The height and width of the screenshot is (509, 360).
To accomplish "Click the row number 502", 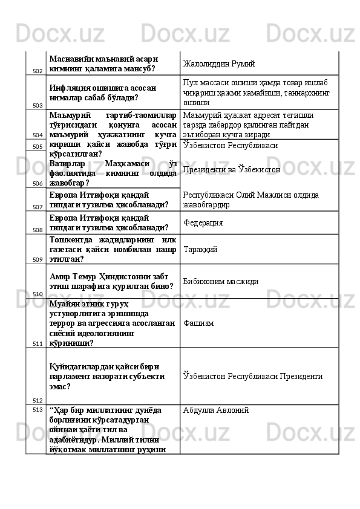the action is pos(38,71).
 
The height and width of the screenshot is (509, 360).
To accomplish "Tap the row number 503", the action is pos(38,105).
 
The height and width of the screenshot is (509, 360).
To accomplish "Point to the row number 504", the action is pos(38,135).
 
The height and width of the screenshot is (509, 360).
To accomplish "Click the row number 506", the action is pos(38,183).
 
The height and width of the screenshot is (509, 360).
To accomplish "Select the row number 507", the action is pos(38,207).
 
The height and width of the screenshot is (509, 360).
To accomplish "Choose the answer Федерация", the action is pos(203,222).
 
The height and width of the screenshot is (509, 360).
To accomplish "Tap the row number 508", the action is pos(38,230).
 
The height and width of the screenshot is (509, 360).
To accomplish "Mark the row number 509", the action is pos(38,259).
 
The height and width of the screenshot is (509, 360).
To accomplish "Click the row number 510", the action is pos(38,294).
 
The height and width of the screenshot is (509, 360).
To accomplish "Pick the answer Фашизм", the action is pos(197,323).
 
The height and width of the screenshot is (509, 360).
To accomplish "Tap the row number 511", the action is pos(38,343).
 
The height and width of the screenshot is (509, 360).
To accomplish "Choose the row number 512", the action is pos(38,400).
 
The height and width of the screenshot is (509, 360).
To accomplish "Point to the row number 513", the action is pos(38,409).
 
